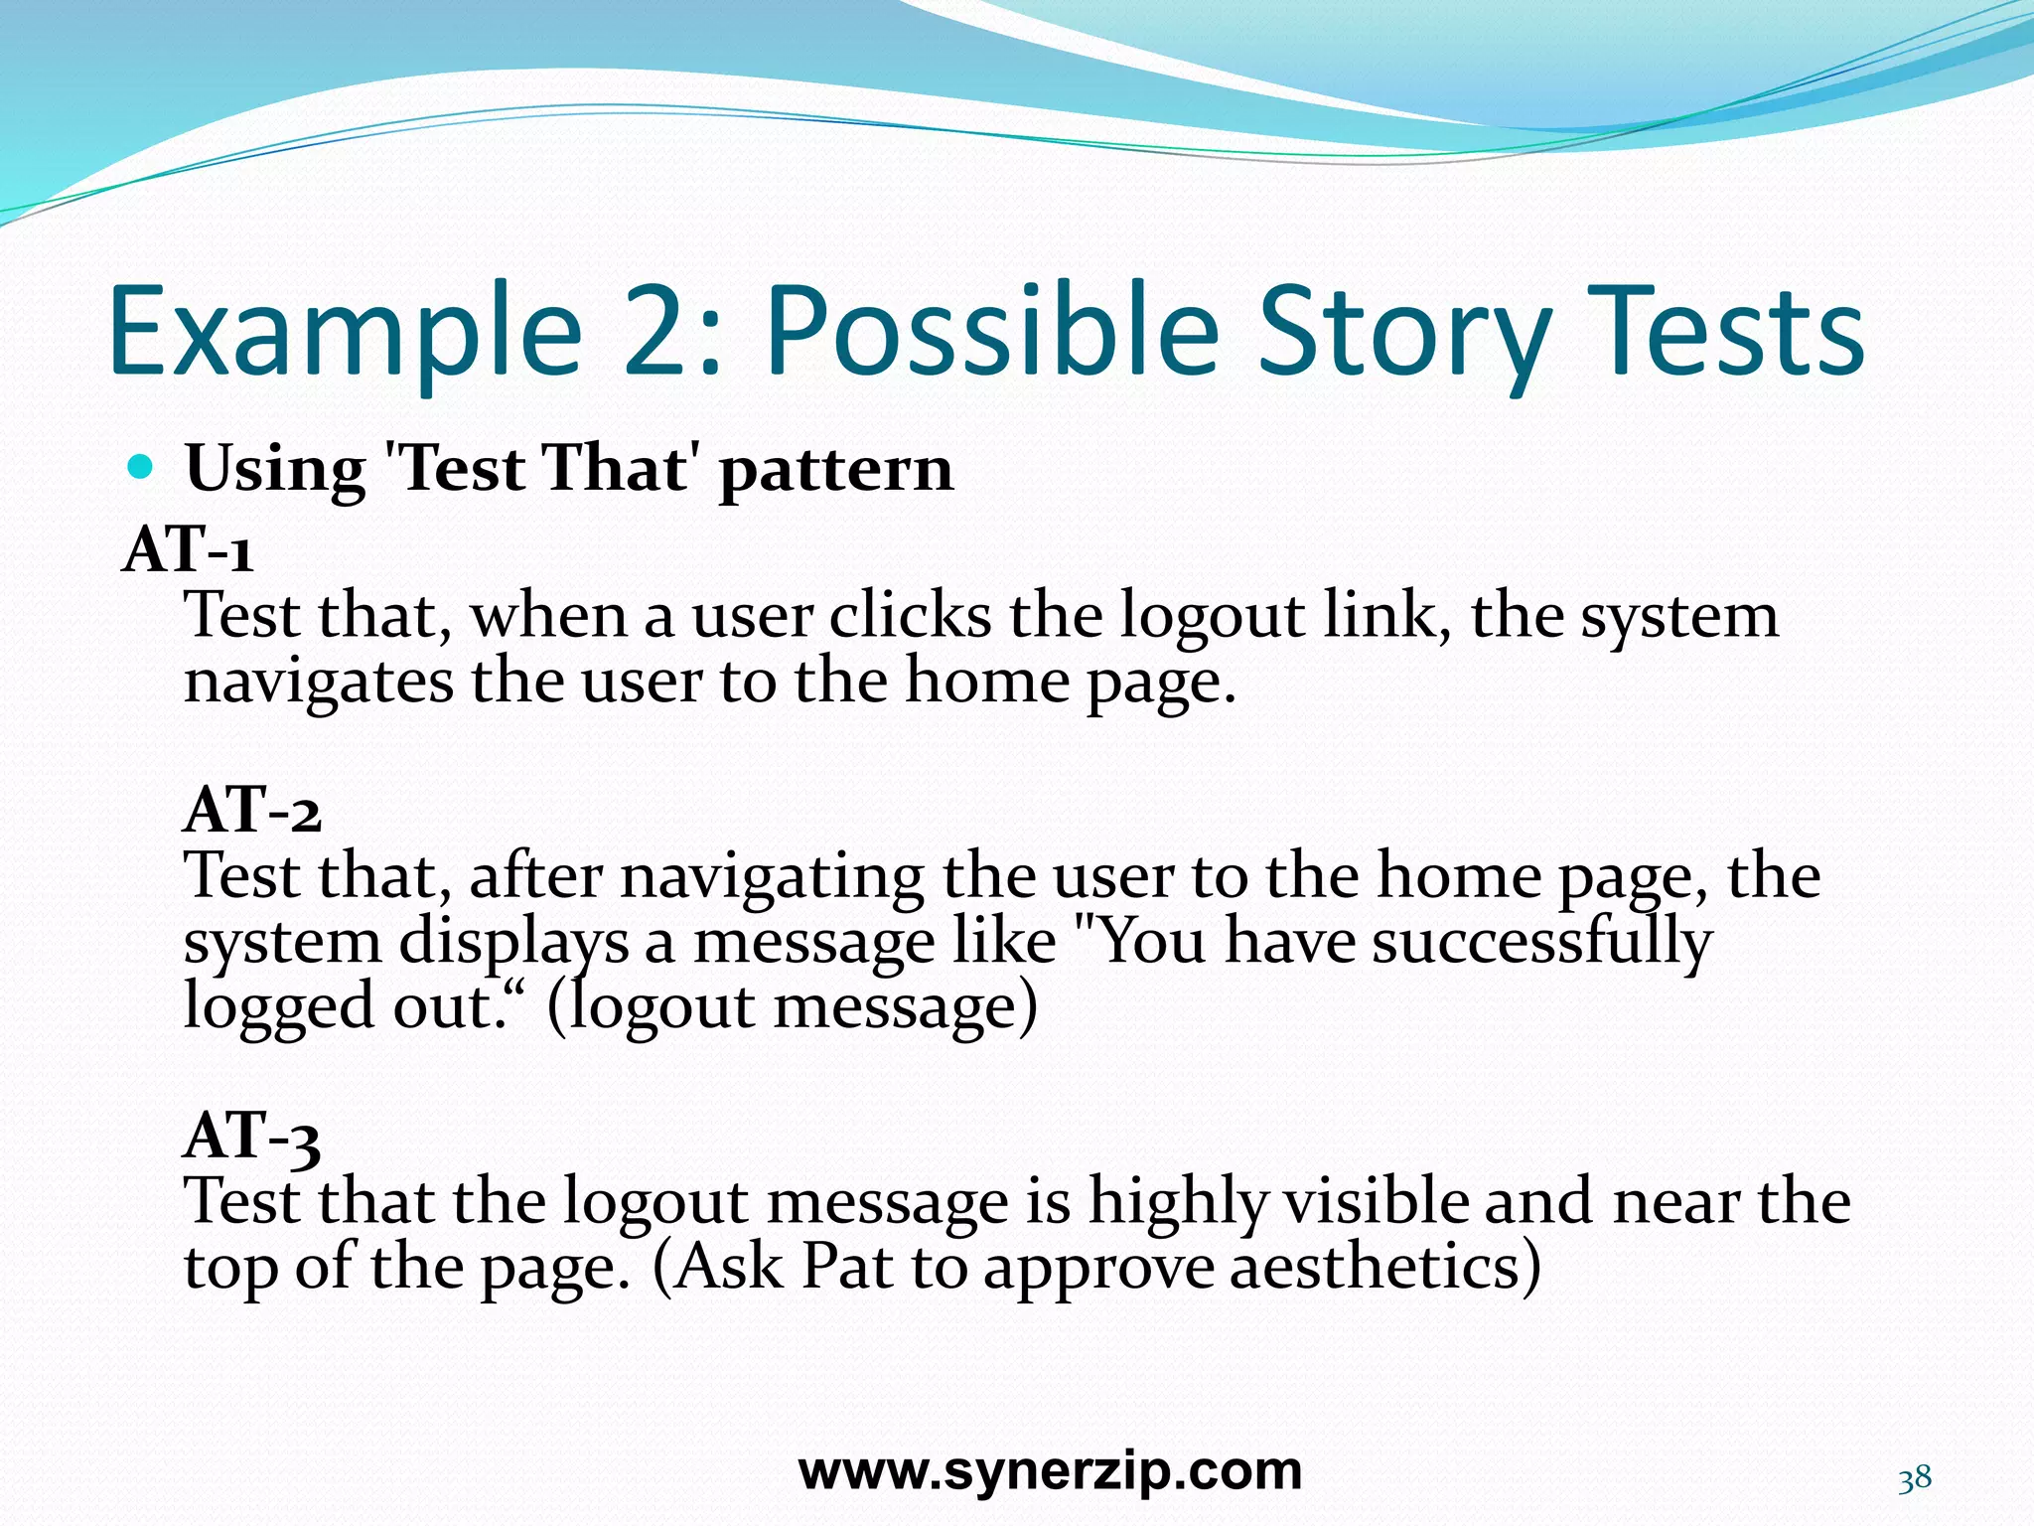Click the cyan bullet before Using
pyautogui.click(x=142, y=466)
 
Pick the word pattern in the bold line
pyautogui.click(x=835, y=471)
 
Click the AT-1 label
pyautogui.click(x=188, y=549)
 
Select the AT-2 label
pyautogui.click(x=252, y=810)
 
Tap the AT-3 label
pyautogui.click(x=252, y=1136)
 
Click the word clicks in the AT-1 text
pyautogui.click(x=910, y=616)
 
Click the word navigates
pyautogui.click(x=318, y=684)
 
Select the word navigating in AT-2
pyautogui.click(x=773, y=877)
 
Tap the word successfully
pyautogui.click(x=1541, y=942)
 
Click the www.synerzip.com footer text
pyautogui.click(x=1050, y=1471)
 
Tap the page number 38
pyautogui.click(x=1915, y=1479)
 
